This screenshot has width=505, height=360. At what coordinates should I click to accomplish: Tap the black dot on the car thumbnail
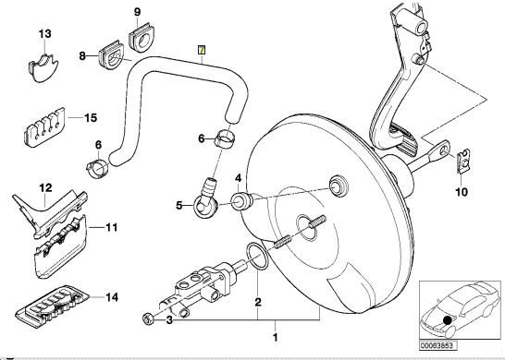(448, 321)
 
